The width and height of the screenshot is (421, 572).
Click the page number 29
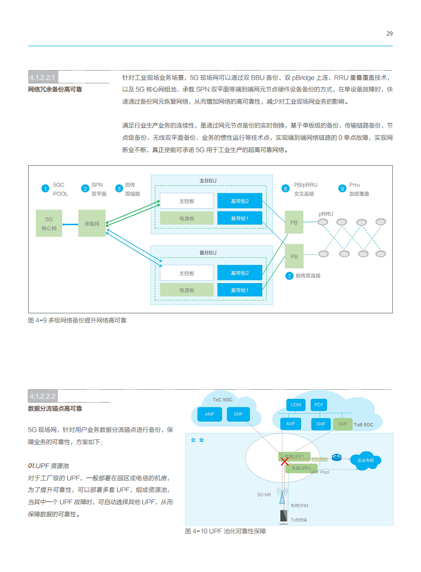point(389,33)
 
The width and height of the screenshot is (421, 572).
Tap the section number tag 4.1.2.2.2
point(42,396)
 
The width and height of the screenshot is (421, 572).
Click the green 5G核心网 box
point(49,224)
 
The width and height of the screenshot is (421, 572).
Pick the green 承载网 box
point(92,224)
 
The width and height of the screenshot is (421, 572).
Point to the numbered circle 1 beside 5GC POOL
point(46,189)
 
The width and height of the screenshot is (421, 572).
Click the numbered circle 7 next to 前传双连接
point(289,276)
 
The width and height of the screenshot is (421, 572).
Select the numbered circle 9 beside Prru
point(342,189)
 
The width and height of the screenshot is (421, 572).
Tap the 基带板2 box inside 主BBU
point(239,201)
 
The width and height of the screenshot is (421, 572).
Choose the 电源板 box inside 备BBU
point(186,290)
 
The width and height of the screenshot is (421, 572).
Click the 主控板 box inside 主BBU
point(186,201)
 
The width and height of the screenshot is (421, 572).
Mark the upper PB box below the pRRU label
point(294,222)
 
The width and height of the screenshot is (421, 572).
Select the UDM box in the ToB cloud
point(296,405)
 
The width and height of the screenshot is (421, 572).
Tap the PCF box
point(319,405)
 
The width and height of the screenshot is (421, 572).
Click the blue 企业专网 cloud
point(365,460)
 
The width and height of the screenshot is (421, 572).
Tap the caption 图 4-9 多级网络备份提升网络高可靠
point(77,320)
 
